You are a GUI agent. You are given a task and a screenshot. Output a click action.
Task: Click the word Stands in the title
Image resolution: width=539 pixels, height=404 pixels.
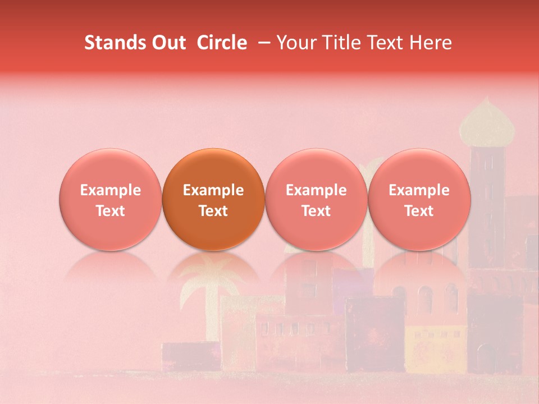(110, 43)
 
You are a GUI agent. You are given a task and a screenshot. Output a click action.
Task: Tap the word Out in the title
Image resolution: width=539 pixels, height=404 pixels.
(167, 43)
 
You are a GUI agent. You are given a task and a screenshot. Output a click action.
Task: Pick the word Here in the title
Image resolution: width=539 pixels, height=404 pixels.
(432, 43)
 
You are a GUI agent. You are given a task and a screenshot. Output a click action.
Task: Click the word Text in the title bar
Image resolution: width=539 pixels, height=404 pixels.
(386, 43)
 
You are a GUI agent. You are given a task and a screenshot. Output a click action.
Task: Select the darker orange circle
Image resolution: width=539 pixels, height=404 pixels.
(213, 200)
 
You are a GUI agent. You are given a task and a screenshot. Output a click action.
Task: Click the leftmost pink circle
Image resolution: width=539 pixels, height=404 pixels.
(111, 200)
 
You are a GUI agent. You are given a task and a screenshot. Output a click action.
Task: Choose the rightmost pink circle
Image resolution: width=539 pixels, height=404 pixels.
(419, 200)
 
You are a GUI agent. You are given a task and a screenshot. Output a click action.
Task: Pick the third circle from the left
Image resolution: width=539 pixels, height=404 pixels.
(316, 200)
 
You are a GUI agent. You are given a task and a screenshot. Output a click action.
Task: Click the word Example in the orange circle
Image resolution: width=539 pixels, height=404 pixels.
(213, 190)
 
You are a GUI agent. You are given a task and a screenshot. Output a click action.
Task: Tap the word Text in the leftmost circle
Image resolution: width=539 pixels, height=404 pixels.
(111, 211)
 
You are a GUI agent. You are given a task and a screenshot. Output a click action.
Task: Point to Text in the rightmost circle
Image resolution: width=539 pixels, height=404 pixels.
(419, 211)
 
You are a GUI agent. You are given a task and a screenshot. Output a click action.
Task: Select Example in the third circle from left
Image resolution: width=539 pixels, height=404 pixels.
(316, 190)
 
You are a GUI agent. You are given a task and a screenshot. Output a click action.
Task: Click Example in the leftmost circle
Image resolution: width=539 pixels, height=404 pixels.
(111, 190)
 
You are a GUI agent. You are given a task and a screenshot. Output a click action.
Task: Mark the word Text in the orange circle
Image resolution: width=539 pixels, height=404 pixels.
(213, 211)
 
